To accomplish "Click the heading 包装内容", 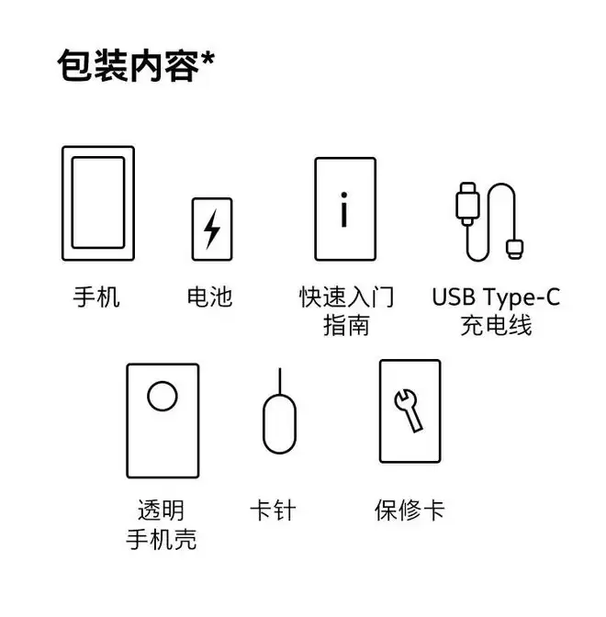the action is (129, 65).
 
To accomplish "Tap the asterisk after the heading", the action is (208, 60).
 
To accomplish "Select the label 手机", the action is (96, 297).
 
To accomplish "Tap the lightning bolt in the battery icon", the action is (212, 229).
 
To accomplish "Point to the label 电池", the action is (209, 297).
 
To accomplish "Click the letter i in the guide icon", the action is (344, 209).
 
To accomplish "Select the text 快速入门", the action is (346, 297).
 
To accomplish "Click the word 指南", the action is (346, 325).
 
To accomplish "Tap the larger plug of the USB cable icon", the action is (467, 204).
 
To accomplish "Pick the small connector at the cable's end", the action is (514, 248).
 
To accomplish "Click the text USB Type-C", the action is (496, 297).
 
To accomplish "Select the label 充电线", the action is (496, 325).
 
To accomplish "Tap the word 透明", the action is (161, 510).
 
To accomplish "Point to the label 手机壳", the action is (162, 539).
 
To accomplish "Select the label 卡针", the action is (273, 510).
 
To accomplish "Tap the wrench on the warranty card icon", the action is (409, 410).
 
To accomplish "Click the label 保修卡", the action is (410, 510).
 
